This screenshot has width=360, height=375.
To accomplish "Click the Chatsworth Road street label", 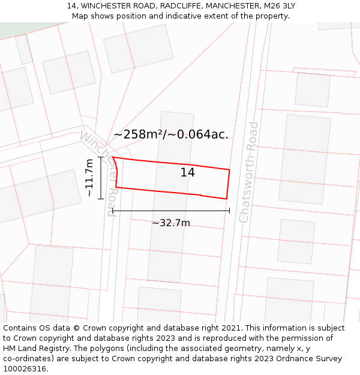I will click(249, 172).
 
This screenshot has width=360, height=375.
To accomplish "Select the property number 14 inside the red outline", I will click(187, 173).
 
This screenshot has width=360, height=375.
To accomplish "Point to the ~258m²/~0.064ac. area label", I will click(171, 134).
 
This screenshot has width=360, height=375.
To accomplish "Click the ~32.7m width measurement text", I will click(170, 223).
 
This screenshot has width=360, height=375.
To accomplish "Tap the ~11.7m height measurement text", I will click(89, 178).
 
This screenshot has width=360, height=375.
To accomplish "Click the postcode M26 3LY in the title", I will click(280, 6).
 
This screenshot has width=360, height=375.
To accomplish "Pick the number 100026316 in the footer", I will click(24, 369).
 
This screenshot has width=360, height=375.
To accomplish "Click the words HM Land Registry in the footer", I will click(34, 349).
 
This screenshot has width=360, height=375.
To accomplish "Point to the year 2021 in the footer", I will click(229, 328).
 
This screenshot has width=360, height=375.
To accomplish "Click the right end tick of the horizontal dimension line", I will click(229, 211).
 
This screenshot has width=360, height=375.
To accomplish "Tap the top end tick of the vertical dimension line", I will click(101, 158).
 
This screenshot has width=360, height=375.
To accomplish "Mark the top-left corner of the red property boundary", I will click(113, 157).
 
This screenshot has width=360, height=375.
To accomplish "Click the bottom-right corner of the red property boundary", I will click(226, 199).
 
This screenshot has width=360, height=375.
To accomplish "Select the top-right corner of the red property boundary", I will click(229, 170).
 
